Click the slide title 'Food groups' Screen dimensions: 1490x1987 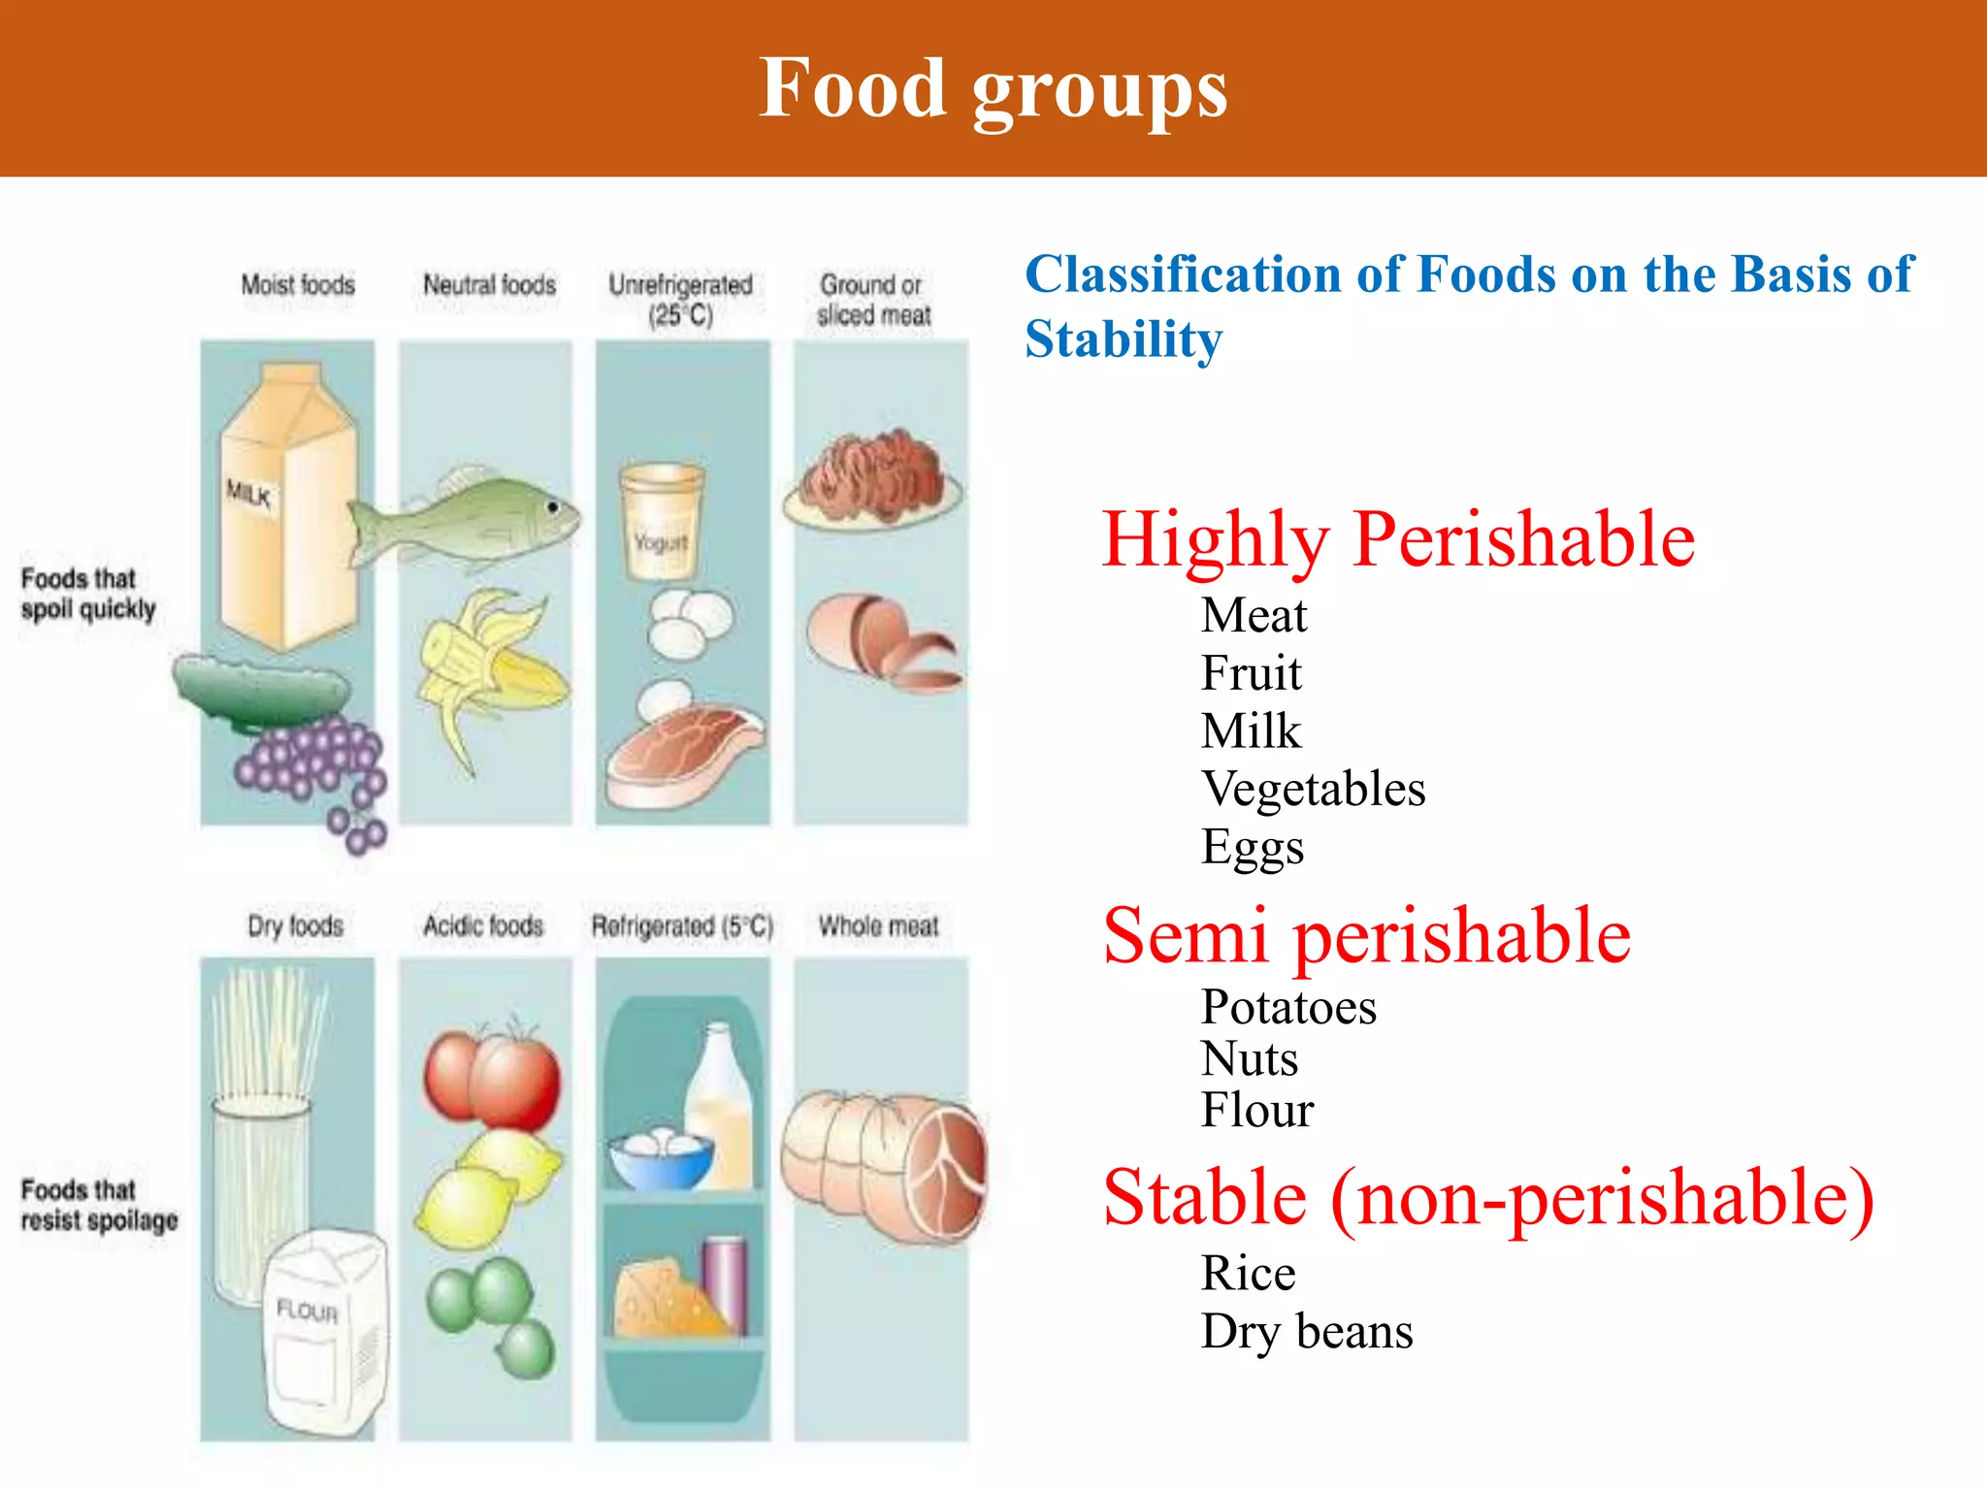click(993, 89)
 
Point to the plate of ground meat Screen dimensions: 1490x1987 click(873, 480)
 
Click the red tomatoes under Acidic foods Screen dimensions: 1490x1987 click(492, 1077)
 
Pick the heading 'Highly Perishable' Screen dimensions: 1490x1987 click(1397, 539)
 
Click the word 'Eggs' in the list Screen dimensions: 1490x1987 click(1252, 847)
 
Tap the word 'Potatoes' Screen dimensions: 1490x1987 click(1288, 1007)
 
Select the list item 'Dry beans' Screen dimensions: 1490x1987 click(1306, 1332)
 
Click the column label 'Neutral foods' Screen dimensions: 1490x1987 click(489, 285)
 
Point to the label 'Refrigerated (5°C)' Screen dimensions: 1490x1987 click(682, 926)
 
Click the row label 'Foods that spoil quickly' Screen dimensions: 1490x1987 click(87, 594)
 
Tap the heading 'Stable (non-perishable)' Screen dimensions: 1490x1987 click(1488, 1198)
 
